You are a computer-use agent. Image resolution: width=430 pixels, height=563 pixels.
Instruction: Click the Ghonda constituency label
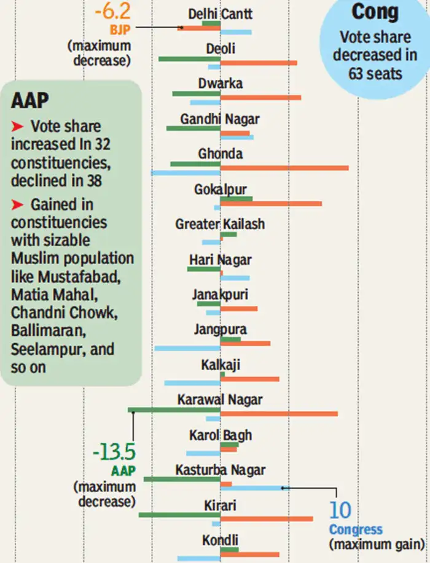(x=220, y=153)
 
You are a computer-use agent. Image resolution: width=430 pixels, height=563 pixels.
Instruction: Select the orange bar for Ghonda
(x=284, y=168)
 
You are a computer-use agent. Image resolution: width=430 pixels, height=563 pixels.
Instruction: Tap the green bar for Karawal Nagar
(x=174, y=410)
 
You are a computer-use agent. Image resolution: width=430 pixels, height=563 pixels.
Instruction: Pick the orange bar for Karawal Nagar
(x=279, y=414)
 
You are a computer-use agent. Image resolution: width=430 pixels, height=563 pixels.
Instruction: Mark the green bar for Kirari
(x=179, y=514)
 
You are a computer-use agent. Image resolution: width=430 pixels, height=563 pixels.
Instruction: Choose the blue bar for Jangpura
(x=187, y=348)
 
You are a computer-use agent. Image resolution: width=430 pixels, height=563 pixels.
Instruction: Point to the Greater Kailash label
(x=220, y=224)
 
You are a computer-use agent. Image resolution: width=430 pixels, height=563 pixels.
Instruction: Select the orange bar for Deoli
(x=259, y=63)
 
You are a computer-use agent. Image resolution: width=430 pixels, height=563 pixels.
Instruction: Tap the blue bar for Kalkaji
(x=192, y=383)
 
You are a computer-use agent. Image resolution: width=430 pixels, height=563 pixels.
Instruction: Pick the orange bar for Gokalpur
(x=271, y=203)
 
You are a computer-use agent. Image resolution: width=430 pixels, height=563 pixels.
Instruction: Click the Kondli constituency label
(x=220, y=540)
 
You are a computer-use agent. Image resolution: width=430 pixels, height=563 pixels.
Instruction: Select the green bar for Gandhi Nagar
(x=193, y=128)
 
